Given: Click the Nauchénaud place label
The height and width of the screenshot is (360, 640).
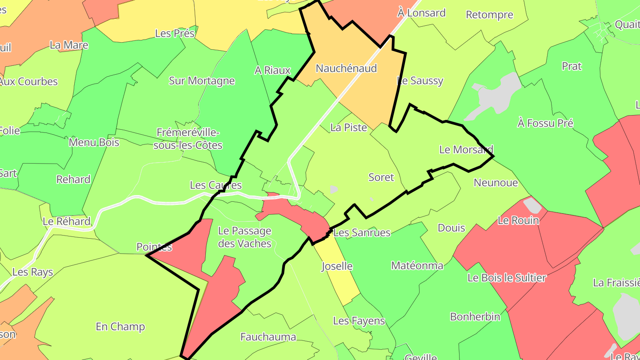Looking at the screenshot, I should [x=346, y=68].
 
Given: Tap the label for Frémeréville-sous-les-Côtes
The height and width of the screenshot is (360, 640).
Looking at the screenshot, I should [x=188, y=139].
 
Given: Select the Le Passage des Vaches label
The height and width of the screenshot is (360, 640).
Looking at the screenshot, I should [x=245, y=237].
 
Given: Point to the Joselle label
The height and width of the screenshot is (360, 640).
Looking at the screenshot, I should [x=337, y=266].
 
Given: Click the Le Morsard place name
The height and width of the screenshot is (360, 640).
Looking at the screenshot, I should [x=466, y=150].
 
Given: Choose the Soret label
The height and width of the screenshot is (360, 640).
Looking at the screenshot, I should [x=381, y=177].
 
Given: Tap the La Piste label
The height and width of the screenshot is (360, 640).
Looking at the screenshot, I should [x=349, y=128].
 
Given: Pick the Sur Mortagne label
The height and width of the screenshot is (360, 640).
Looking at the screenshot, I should [x=202, y=81].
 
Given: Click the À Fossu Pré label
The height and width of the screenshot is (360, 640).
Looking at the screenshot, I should [x=545, y=123].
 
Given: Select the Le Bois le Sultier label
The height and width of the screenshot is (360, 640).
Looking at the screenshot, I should [x=507, y=278].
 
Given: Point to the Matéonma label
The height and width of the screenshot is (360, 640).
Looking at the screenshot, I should [x=417, y=266].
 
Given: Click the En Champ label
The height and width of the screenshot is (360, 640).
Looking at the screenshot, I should [x=120, y=327].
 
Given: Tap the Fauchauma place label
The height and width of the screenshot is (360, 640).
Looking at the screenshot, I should [x=268, y=337].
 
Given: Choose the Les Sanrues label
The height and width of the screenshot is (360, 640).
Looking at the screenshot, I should [x=362, y=232].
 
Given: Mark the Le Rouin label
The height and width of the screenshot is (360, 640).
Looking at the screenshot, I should [x=518, y=220].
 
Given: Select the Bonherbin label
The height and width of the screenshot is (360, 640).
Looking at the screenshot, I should [x=475, y=317].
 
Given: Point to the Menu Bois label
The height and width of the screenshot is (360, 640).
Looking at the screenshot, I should [x=94, y=143].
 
